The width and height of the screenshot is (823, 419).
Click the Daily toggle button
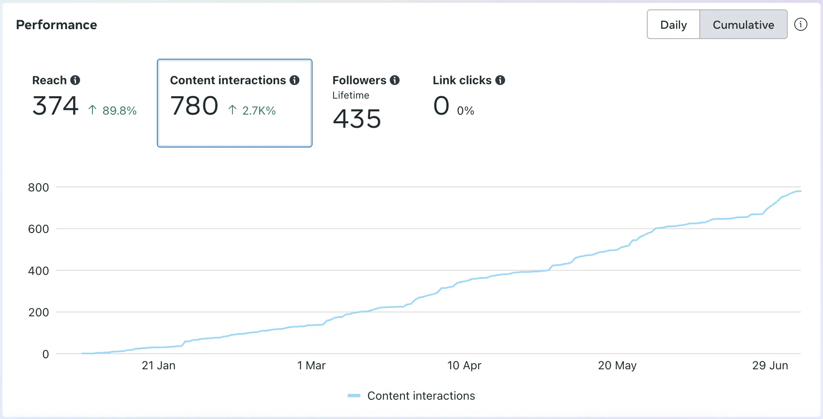674,25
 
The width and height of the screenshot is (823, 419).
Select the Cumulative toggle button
743,25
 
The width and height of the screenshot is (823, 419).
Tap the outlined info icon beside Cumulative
800,25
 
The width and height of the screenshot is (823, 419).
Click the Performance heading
57,25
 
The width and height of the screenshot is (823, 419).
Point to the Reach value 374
55,106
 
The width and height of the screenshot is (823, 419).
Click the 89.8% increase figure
119,111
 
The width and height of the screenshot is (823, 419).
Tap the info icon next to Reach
75,80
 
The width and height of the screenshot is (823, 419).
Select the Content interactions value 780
194,106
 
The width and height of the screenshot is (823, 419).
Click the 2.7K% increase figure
259,111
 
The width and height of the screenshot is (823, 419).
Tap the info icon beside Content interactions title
294,80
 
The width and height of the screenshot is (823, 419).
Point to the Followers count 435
357,119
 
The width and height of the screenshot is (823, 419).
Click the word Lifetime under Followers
351,95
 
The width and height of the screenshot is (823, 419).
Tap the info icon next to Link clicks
500,80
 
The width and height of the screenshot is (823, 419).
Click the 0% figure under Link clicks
465,111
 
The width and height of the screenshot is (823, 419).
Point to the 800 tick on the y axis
39,188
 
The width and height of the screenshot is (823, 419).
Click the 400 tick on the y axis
39,271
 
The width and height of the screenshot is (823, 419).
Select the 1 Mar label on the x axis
311,365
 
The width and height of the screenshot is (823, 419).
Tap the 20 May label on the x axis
617,365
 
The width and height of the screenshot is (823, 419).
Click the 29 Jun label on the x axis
770,365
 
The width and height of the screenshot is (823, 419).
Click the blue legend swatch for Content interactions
354,396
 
